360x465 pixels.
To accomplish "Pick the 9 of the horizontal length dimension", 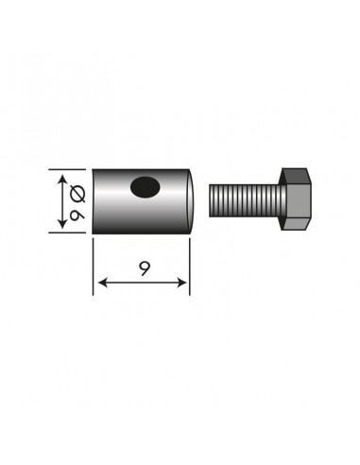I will pyautogui.click(x=142, y=268).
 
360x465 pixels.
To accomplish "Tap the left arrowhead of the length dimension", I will pyautogui.click(x=99, y=282).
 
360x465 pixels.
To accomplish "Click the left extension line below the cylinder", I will pyautogui.click(x=94, y=265).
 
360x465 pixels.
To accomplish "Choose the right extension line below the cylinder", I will pyautogui.click(x=189, y=265).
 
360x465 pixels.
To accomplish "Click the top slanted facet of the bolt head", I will pyautogui.click(x=301, y=174).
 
